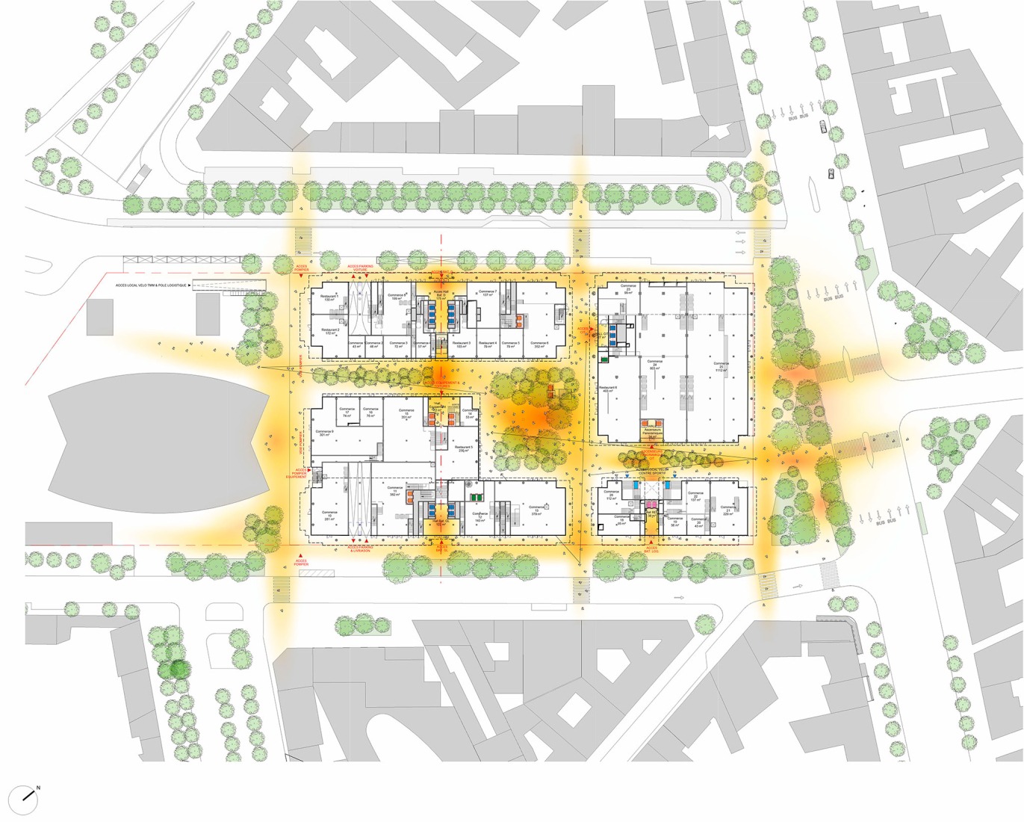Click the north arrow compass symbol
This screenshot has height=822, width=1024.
pyautogui.click(x=30, y=794)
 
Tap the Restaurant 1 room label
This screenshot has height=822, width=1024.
pyautogui.click(x=329, y=298)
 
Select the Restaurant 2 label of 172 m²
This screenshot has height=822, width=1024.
pyautogui.click(x=329, y=331)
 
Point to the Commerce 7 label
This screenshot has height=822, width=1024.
pyautogui.click(x=488, y=293)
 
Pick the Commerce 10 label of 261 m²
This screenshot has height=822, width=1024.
pyautogui.click(x=329, y=515)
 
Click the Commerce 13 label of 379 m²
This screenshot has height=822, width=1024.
pyautogui.click(x=536, y=512)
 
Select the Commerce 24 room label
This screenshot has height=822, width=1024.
pyautogui.click(x=654, y=365)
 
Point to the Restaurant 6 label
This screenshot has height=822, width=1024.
pyautogui.click(x=607, y=389)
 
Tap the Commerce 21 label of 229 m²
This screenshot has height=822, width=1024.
pyautogui.click(x=727, y=509)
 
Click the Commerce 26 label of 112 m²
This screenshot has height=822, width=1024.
pyautogui.click(x=611, y=494)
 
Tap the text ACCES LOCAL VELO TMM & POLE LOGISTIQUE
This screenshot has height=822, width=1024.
pyautogui.click(x=151, y=285)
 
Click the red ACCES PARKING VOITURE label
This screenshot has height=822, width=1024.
pyautogui.click(x=360, y=267)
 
